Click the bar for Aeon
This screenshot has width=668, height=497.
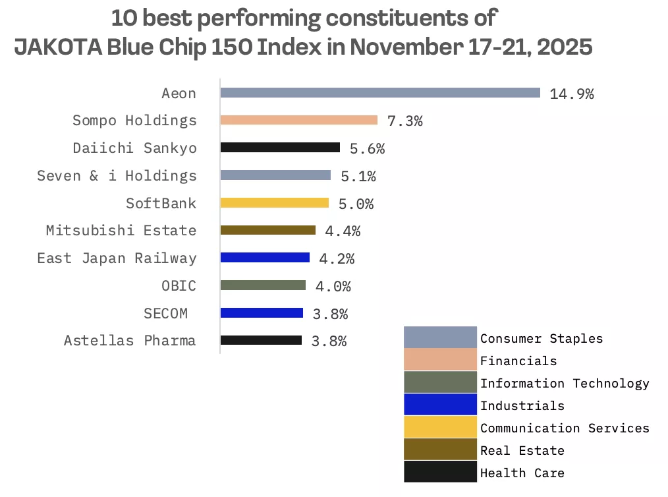coord(379,93)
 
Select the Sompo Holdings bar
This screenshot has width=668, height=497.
coord(298,120)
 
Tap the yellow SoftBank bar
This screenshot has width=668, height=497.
coord(274,203)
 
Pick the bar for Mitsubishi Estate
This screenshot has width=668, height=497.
coord(267,230)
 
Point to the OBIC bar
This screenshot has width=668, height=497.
coord(263,285)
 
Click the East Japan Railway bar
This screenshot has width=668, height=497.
coord(265,258)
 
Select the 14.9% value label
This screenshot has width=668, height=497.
coord(571,94)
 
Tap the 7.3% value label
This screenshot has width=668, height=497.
coord(404,121)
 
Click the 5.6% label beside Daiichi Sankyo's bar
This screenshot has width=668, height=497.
coord(367,149)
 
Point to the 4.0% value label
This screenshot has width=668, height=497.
coord(333,286)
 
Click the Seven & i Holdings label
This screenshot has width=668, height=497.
coord(117,175)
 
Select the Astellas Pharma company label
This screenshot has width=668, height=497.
coord(130,341)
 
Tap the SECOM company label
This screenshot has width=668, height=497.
coord(165,313)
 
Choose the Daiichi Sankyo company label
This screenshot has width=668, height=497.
coord(134,148)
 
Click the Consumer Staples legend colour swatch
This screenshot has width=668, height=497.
coord(440,337)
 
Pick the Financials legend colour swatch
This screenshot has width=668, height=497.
coord(440,360)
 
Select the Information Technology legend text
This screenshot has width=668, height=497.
coord(565,383)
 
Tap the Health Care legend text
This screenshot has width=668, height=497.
coord(522,473)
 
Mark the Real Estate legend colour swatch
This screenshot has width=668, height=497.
coord(440,450)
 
